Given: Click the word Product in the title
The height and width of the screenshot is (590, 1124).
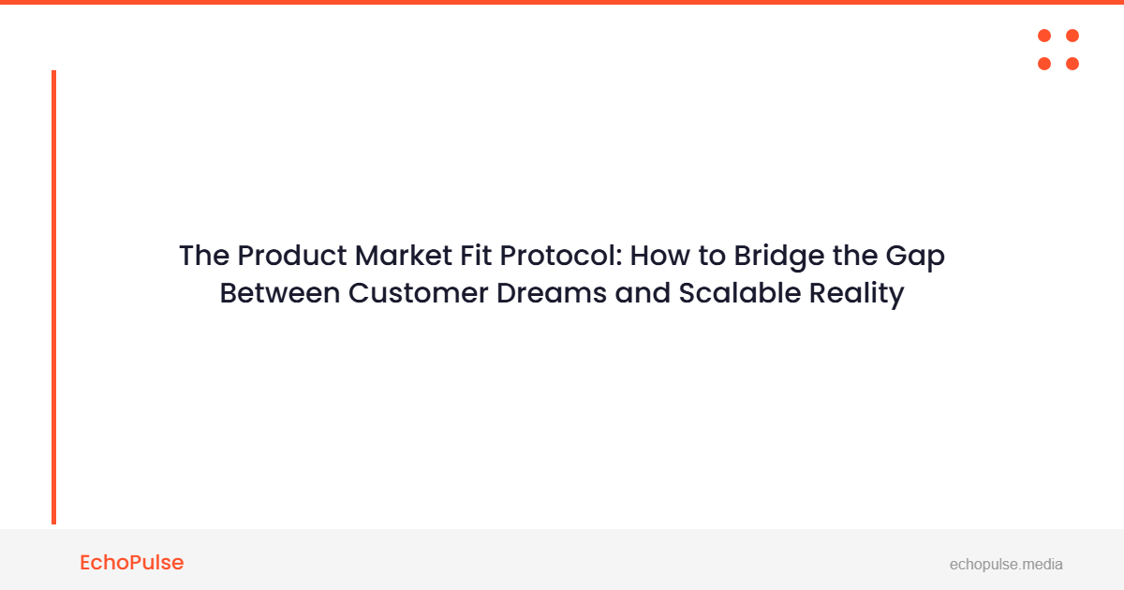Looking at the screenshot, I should pos(289,256).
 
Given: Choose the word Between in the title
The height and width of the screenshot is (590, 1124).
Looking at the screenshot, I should pos(279,293).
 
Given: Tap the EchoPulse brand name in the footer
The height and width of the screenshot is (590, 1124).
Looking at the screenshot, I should pos(132,563).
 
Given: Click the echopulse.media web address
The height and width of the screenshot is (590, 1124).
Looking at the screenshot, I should pos(1006,564).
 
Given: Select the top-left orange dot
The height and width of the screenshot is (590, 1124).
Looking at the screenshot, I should pos(1044,36).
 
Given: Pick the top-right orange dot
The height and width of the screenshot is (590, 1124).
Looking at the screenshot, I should pos(1072,36).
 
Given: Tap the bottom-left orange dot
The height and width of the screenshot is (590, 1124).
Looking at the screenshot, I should pos(1044,64).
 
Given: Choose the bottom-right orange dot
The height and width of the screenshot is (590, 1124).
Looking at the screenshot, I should pos(1072,64).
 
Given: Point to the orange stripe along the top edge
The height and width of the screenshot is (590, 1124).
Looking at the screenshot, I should pos(562,2).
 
